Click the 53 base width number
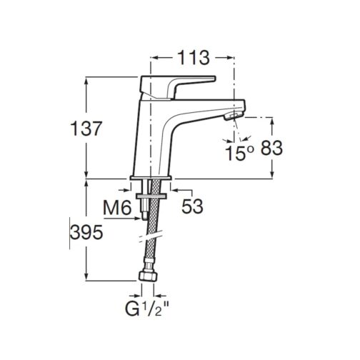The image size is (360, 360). pos(192,206)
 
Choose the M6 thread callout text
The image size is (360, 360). pos(116,207)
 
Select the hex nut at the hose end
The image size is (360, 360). pos(148,276)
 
